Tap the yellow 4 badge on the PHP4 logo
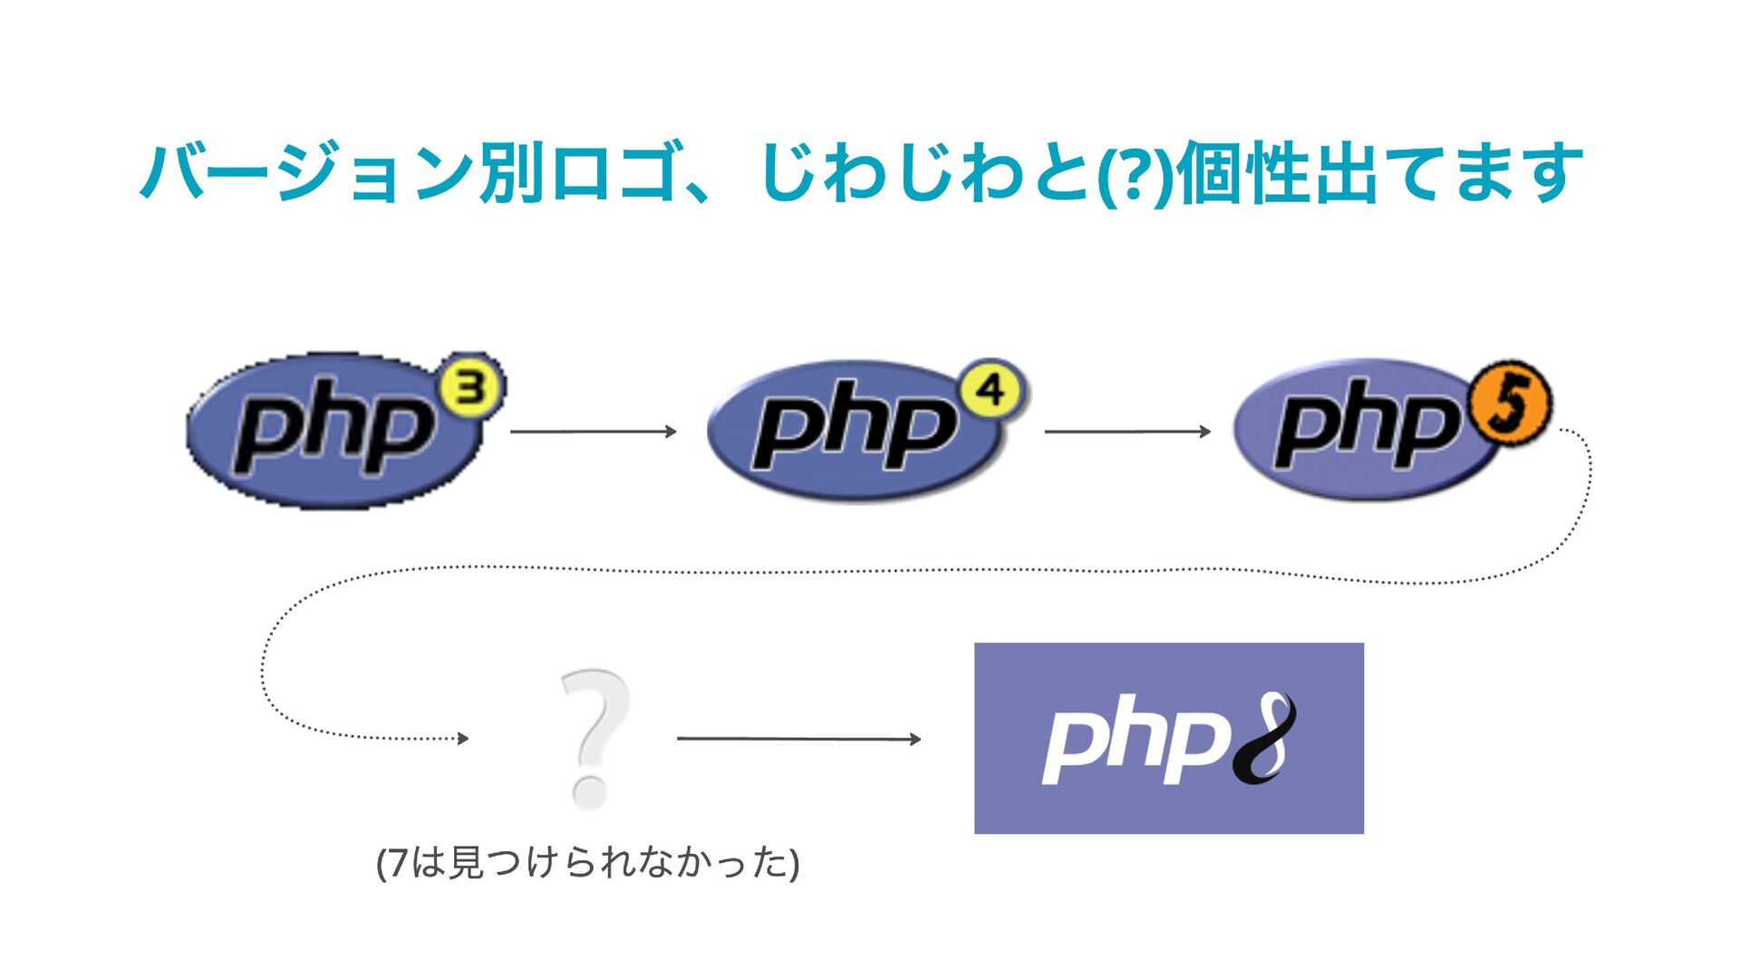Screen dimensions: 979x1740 coord(991,391)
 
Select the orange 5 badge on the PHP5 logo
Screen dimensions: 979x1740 coord(1509,404)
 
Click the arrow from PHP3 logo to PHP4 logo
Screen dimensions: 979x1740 coord(594,431)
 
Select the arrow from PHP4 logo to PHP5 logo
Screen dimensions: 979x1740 coord(1127,431)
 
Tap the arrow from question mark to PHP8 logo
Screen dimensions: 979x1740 coord(798,739)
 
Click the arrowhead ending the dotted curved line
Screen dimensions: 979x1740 coord(463,739)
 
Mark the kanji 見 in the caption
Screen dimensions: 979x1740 coord(468,863)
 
